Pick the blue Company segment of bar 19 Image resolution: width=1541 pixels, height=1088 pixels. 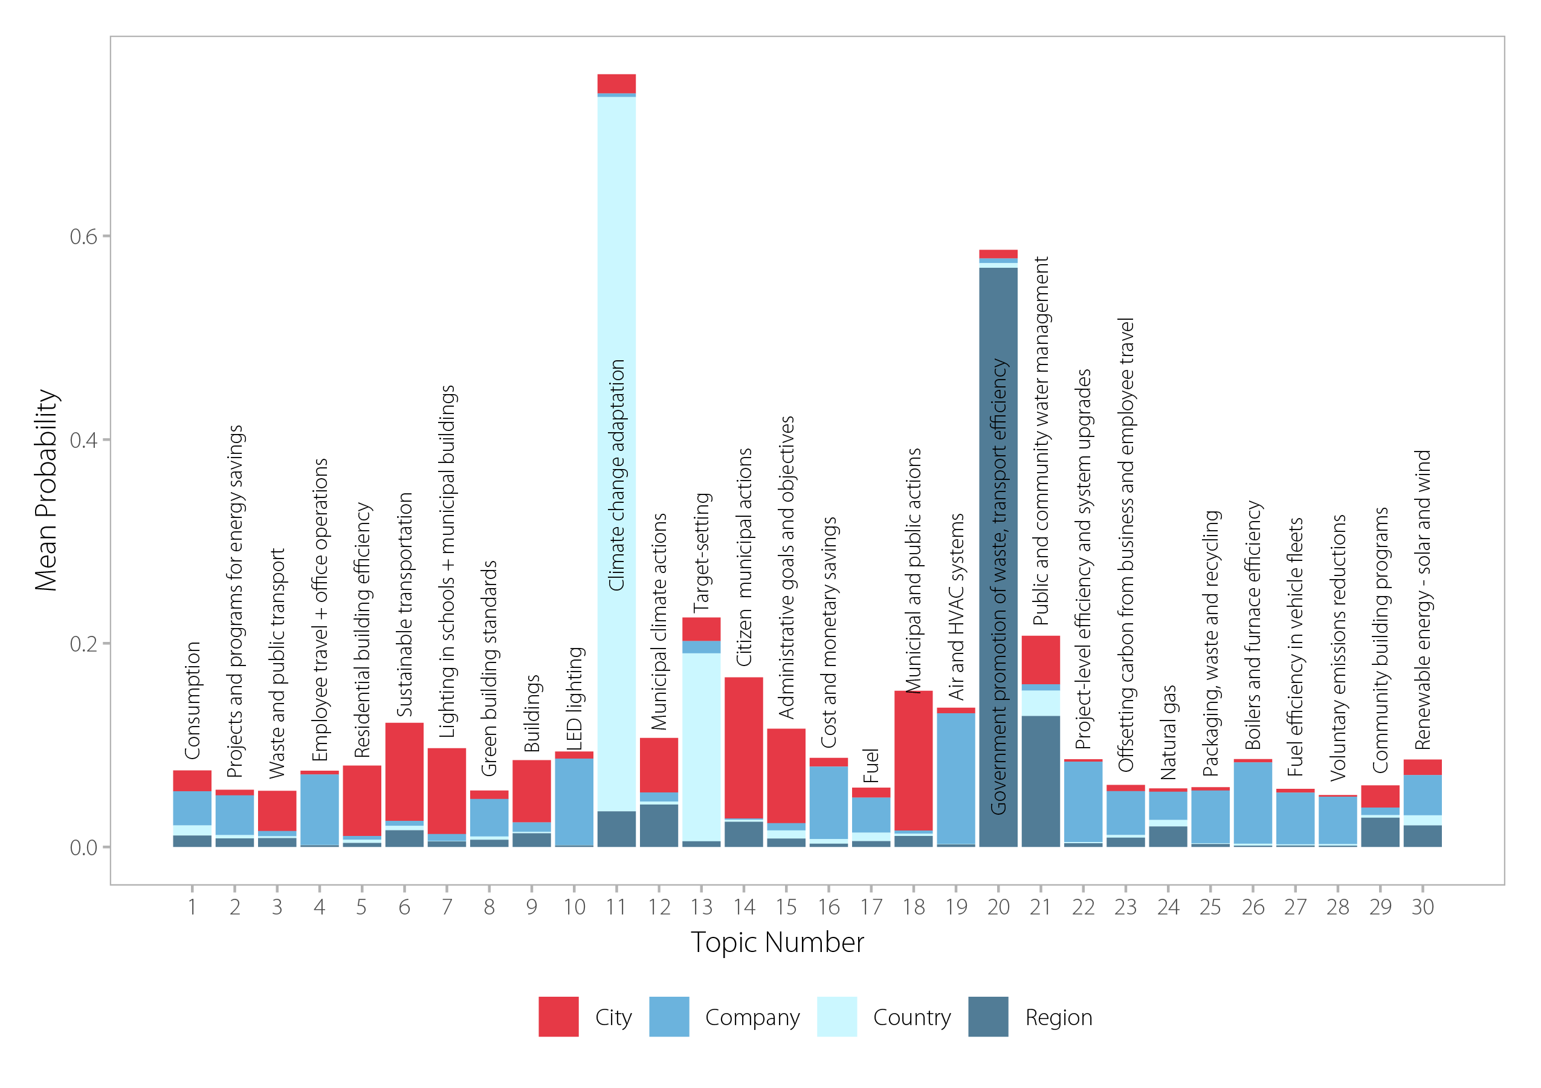pyautogui.click(x=956, y=779)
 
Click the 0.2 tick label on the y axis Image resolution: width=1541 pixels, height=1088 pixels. pyautogui.click(x=83, y=644)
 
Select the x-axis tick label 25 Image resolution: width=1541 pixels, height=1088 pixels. pyautogui.click(x=1210, y=907)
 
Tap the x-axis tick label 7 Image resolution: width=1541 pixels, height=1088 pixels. pyautogui.click(x=447, y=907)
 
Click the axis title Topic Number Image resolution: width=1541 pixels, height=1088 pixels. pyautogui.click(x=777, y=942)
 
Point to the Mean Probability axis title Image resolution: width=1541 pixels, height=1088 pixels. pyautogui.click(x=47, y=490)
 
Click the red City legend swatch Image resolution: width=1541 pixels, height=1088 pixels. pyautogui.click(x=558, y=1017)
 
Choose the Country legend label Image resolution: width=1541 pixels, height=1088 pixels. pyautogui.click(x=911, y=1017)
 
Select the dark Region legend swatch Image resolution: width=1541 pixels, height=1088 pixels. pyautogui.click(x=988, y=1017)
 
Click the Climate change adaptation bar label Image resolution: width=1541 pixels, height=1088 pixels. pyautogui.click(x=616, y=475)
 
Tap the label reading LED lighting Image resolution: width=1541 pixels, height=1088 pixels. pyautogui.click(x=575, y=698)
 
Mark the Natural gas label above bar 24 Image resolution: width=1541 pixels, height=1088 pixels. pyautogui.click(x=1169, y=732)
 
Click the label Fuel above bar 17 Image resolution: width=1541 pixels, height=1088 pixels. pyautogui.click(x=870, y=766)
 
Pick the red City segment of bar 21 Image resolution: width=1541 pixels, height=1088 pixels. pyautogui.click(x=1040, y=660)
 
